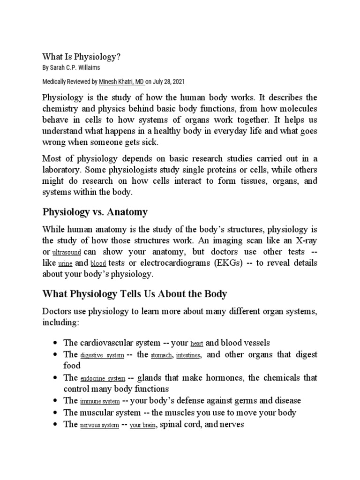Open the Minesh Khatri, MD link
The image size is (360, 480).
(121, 82)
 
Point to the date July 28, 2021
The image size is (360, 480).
(169, 82)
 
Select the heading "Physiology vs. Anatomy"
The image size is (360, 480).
(95, 212)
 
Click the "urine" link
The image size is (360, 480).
(65, 264)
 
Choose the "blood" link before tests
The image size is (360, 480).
(98, 264)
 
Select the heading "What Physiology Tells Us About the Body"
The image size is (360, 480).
(135, 294)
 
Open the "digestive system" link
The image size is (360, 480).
(102, 355)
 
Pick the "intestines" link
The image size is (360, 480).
(188, 355)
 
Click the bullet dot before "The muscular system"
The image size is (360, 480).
(56, 413)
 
